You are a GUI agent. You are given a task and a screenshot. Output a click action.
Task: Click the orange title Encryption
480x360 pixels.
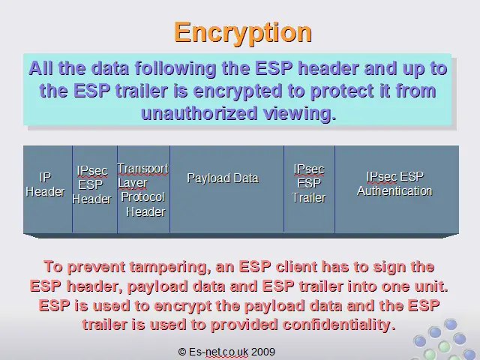243,33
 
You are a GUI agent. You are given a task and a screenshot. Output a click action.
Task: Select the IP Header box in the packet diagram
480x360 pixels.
48,189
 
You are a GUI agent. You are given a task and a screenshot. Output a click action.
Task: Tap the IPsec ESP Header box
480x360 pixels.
95,189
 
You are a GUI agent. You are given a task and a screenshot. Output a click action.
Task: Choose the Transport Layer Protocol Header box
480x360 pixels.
143,189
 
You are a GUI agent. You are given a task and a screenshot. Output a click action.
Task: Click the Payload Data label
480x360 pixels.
223,178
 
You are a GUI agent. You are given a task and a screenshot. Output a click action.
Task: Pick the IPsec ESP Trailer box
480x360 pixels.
309,189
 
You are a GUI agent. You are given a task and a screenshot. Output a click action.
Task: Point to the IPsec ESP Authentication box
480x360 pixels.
397,189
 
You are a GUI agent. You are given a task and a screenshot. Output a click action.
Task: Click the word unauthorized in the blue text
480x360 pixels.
199,113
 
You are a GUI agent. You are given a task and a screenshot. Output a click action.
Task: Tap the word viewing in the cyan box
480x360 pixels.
300,114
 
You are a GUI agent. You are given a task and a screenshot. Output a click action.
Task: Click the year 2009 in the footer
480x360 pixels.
263,352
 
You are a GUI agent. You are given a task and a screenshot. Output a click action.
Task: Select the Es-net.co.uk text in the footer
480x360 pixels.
218,352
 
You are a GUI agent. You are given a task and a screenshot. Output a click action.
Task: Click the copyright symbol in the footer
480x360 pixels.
181,352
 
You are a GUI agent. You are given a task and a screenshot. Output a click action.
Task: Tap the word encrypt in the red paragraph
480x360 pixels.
182,306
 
